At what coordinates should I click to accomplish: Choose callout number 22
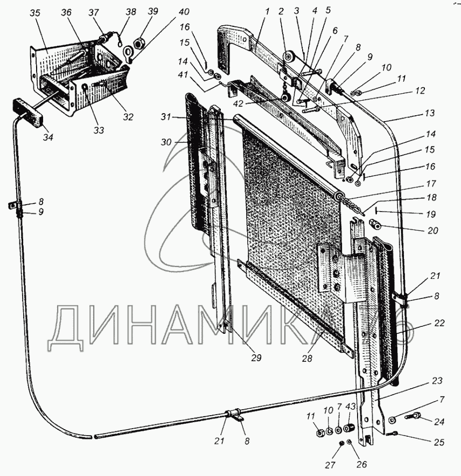coord(439,323)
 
